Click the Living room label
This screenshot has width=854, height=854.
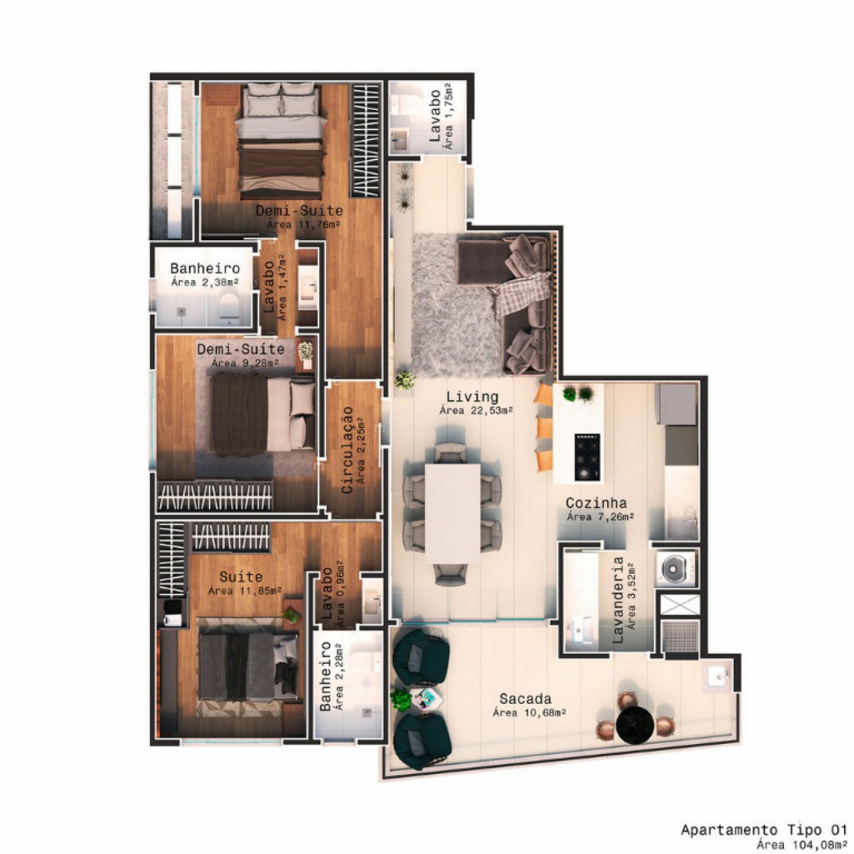[x=472, y=396]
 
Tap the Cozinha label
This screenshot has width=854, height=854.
[x=596, y=503]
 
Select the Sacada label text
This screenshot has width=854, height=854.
[x=525, y=699]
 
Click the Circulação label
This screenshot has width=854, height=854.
[x=347, y=449]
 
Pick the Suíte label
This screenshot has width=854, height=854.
[x=241, y=577]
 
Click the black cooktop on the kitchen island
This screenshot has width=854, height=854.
[x=587, y=457]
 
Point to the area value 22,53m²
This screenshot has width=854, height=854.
[x=476, y=410]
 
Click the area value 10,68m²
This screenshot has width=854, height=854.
[x=529, y=713]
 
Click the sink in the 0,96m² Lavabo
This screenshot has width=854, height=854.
[x=372, y=600]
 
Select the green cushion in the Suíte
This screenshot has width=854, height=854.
[x=292, y=614]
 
